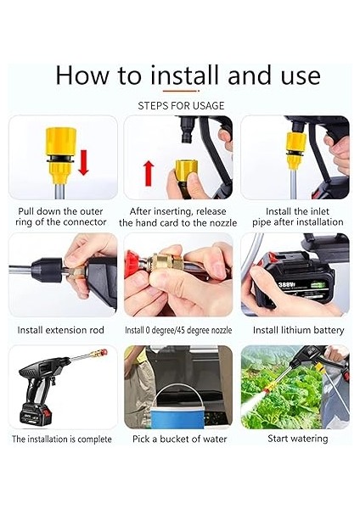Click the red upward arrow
(x=147, y=172)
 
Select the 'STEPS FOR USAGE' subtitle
(x=181, y=106)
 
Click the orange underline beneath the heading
(x=181, y=90)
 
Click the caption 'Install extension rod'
(x=62, y=330)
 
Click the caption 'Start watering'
(x=297, y=439)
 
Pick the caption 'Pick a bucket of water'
(x=178, y=439)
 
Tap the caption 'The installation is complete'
(x=62, y=439)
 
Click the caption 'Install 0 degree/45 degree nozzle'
(x=178, y=330)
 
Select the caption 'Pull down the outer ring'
(x=62, y=215)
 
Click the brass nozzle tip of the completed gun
(x=103, y=350)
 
